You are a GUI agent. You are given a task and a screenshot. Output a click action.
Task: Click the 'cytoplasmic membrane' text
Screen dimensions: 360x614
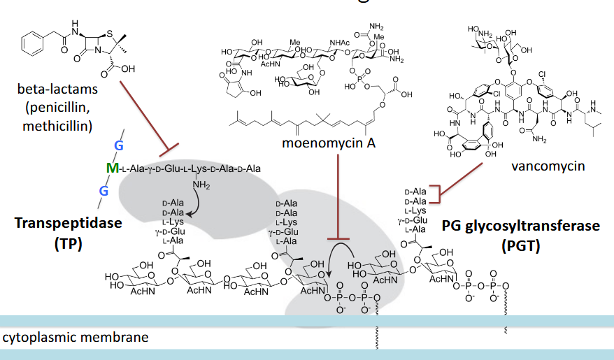point(76,338)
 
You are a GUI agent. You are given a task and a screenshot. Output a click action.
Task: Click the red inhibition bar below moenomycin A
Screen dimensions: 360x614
point(338,240)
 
